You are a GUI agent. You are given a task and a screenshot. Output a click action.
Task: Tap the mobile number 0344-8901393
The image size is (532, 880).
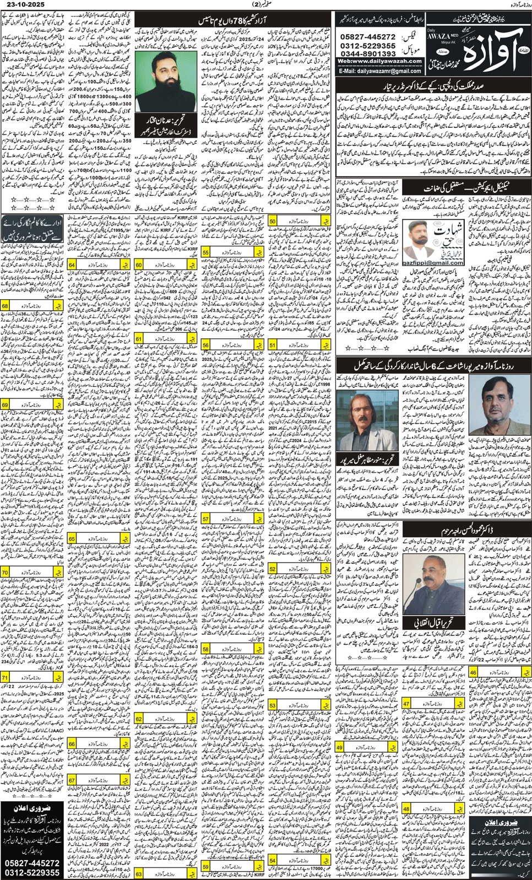368,54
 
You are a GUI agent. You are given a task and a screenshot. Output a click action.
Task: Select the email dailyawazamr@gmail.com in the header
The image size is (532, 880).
381,71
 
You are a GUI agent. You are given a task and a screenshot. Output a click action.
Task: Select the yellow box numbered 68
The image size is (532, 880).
5,306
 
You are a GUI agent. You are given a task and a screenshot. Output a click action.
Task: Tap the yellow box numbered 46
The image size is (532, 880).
473,673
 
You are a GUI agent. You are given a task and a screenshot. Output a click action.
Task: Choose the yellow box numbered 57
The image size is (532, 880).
205,519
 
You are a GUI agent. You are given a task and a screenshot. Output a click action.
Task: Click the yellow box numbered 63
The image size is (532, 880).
139,874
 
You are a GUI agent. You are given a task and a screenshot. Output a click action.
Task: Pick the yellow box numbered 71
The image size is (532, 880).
5,678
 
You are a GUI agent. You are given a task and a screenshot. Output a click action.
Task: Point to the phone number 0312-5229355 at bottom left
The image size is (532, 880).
32,873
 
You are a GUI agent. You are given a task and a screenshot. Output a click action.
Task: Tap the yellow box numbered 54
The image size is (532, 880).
273,861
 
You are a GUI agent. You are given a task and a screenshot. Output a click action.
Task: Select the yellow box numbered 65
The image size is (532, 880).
72,539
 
